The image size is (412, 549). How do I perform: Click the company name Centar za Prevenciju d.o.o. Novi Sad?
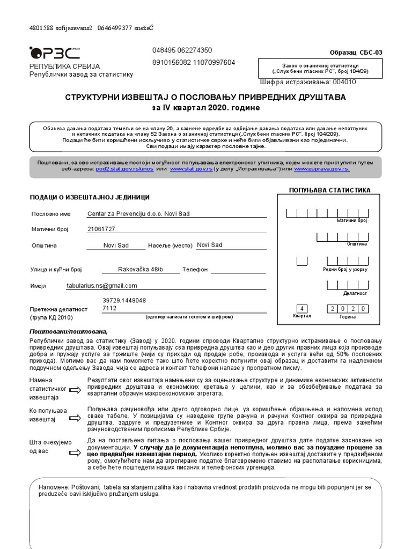pos(138,213)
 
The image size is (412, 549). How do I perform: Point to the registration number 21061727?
pos(101,229)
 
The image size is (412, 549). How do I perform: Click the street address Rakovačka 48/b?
pos(141,269)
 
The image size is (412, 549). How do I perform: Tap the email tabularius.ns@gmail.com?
pos(102,286)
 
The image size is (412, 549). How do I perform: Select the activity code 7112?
pos(109,309)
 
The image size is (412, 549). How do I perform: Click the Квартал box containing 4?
pos(302,309)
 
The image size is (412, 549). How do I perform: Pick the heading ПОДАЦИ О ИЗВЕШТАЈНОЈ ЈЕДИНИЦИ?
pos(90,197)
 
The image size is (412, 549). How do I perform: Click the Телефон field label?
pos(195,270)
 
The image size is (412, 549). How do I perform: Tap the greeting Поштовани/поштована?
pos(68,331)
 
